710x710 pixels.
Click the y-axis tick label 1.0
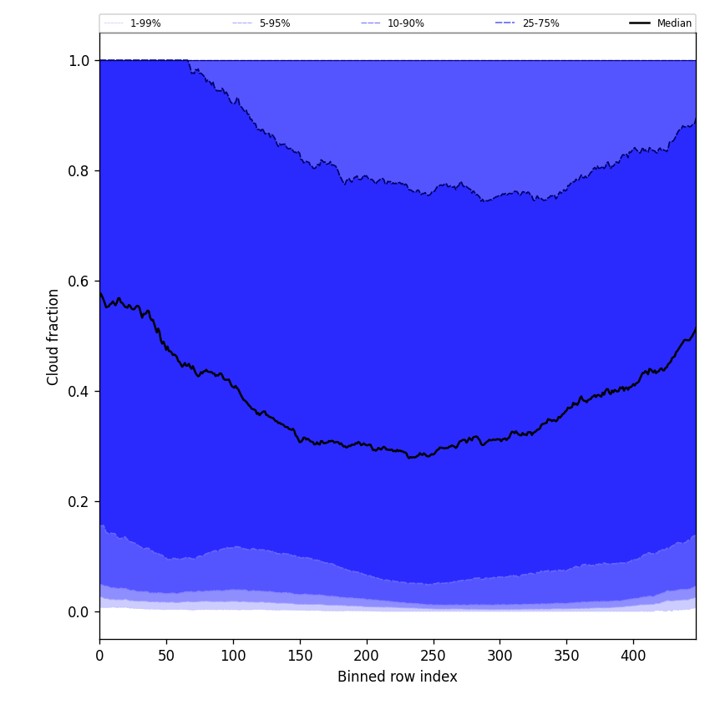pyautogui.click(x=79, y=61)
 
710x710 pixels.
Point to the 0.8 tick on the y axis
pyautogui.click(x=79, y=171)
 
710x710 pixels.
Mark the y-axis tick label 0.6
pyautogui.click(x=79, y=281)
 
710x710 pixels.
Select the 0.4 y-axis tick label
pyautogui.click(x=79, y=392)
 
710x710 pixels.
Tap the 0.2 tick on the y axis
pyautogui.click(x=79, y=502)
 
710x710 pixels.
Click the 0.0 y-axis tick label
pyautogui.click(x=79, y=612)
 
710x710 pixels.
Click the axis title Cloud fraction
pyautogui.click(x=53, y=337)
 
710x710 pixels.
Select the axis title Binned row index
pyautogui.click(x=398, y=677)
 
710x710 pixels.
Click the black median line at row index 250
pyautogui.click(x=433, y=454)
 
